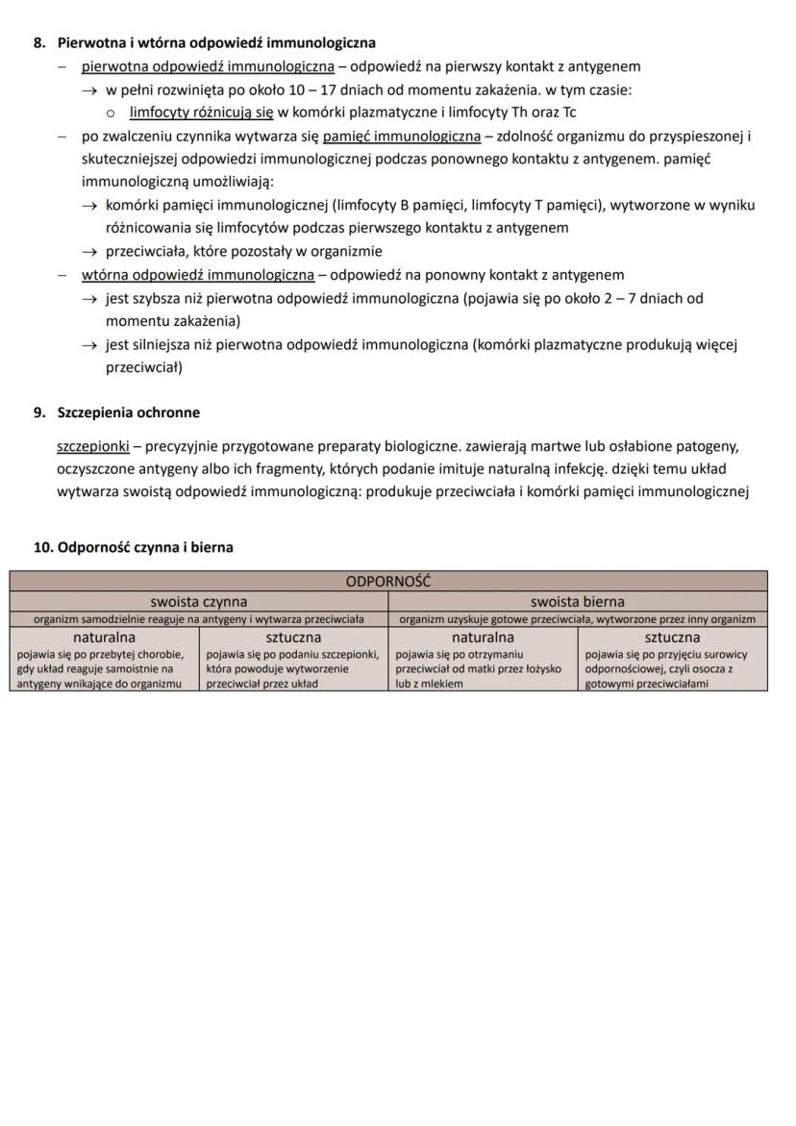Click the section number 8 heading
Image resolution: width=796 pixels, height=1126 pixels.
click(x=39, y=43)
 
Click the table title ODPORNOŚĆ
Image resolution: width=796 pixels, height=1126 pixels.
click(x=388, y=582)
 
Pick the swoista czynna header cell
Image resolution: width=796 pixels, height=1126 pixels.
click(x=199, y=602)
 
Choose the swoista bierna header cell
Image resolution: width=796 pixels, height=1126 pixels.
click(x=578, y=602)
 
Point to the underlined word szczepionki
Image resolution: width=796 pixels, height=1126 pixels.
click(x=93, y=447)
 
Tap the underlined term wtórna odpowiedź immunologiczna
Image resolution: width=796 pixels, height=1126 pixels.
click(x=198, y=275)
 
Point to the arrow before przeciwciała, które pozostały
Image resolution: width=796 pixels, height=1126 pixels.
click(x=90, y=252)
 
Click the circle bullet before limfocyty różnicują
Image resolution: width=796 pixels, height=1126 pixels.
click(x=112, y=113)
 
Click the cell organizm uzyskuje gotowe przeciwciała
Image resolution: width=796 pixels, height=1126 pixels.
click(x=578, y=619)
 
